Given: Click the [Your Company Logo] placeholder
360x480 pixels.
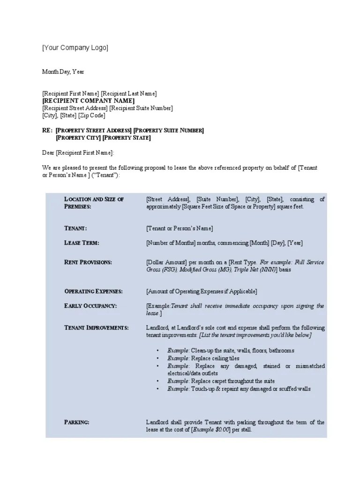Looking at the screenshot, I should [x=75, y=48].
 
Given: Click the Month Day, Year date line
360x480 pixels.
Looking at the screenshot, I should [x=63, y=72].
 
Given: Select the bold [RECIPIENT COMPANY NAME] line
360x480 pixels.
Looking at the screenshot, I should [x=88, y=101].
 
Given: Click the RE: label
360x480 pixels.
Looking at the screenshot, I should [x=47, y=130].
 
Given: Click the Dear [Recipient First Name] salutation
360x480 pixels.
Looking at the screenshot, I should [x=78, y=153].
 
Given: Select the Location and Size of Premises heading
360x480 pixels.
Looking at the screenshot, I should [x=94, y=202].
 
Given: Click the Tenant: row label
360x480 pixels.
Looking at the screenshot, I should [x=75, y=228].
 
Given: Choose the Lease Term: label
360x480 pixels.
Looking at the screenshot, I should [x=82, y=243].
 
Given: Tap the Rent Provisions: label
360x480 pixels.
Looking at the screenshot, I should [x=88, y=262].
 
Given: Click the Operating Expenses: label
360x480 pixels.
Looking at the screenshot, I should [x=93, y=291].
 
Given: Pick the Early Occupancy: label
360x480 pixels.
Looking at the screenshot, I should [x=90, y=306].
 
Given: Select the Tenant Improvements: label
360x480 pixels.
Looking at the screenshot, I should [x=96, y=327].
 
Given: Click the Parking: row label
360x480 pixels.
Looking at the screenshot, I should [x=76, y=422].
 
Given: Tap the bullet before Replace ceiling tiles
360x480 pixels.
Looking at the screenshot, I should [x=157, y=359].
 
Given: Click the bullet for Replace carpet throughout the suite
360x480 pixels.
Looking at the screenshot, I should [x=157, y=381].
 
